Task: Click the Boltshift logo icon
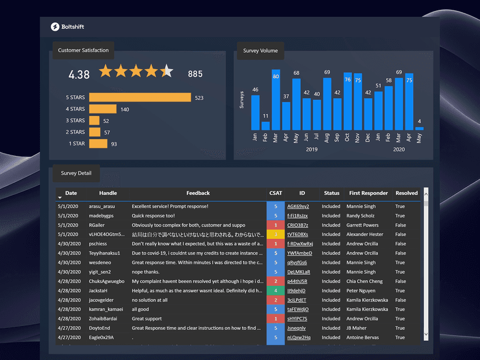click(55, 27)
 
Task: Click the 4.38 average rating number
click(79, 74)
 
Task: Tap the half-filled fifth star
click(166, 71)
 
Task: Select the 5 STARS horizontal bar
click(140, 97)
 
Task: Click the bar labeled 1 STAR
click(98, 144)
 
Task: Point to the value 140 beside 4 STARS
click(125, 109)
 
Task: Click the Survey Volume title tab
click(260, 51)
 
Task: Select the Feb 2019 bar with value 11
click(266, 125)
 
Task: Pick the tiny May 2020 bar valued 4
click(419, 128)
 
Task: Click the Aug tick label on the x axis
click(327, 137)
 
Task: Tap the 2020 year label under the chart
click(398, 150)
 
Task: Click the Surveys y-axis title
click(242, 100)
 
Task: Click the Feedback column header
click(198, 193)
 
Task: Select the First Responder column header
click(368, 193)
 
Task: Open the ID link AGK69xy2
click(298, 206)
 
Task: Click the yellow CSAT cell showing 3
click(275, 234)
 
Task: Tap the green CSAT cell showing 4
click(275, 290)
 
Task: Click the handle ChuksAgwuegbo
click(106, 281)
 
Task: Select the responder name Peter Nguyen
click(360, 290)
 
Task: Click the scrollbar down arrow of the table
click(426, 334)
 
